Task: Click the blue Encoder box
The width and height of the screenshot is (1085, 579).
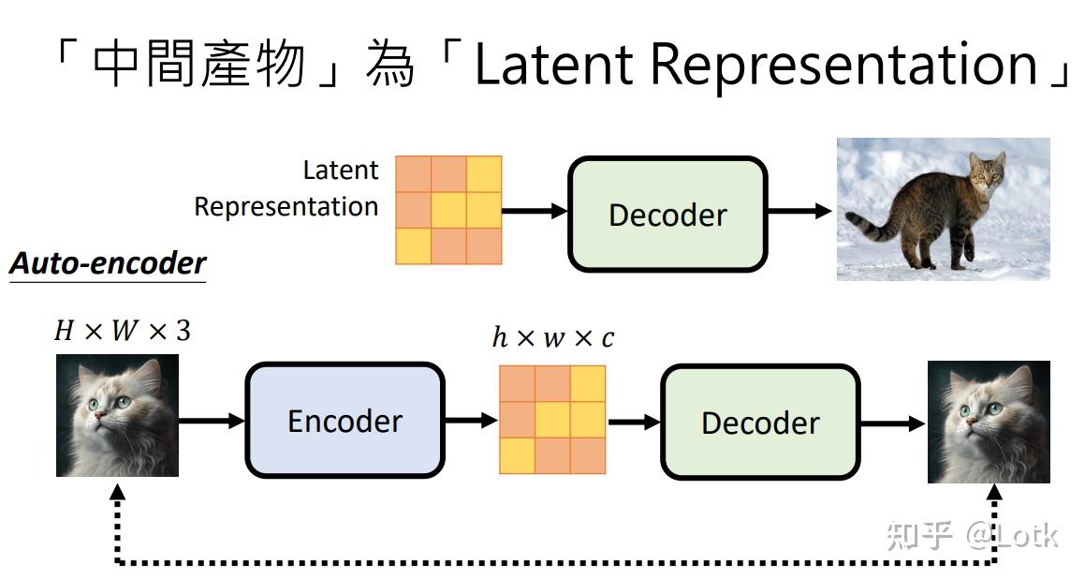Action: point(344,421)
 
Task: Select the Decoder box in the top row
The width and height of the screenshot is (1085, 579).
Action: point(667,215)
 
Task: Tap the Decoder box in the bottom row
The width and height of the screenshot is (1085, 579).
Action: point(759,423)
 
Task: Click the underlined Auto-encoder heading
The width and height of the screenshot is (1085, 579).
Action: point(107,263)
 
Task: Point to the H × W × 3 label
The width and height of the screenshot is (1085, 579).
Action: point(122,331)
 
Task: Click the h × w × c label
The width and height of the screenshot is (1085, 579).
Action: point(553,337)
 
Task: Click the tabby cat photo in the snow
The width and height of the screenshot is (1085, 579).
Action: point(943,208)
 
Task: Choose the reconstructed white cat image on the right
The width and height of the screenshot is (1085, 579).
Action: point(989,422)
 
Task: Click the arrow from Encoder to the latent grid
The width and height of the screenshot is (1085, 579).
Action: point(471,421)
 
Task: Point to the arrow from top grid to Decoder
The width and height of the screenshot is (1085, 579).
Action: point(535,212)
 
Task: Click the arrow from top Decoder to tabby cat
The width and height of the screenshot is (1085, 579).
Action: point(799,212)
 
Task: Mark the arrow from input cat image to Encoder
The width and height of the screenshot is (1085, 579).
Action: point(211,421)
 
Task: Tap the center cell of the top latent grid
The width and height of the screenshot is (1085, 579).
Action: point(448,210)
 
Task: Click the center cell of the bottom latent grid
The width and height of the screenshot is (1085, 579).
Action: point(552,420)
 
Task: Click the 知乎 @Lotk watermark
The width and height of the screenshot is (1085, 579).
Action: point(970,536)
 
